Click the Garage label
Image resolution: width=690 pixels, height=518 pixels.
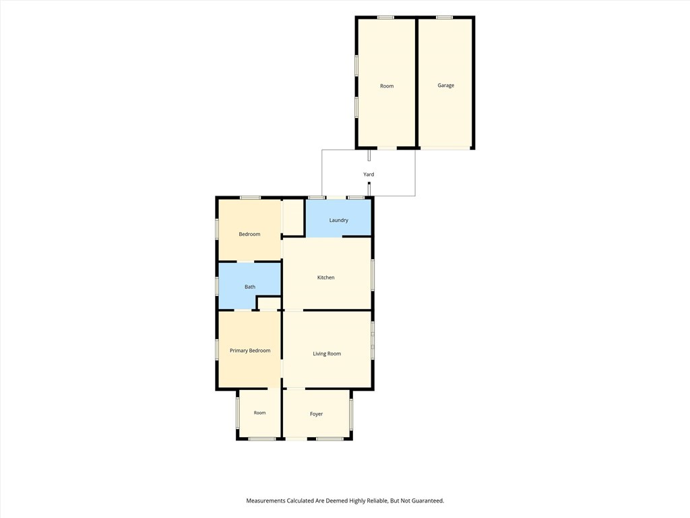pyautogui.click(x=446, y=86)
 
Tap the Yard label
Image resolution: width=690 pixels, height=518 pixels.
pyautogui.click(x=369, y=175)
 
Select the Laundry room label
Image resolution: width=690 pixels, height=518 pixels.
pyautogui.click(x=339, y=221)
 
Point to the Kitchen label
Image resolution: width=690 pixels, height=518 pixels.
pyautogui.click(x=326, y=277)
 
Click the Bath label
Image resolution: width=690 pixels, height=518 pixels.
pyautogui.click(x=250, y=287)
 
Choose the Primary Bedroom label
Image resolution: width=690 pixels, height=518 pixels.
pyautogui.click(x=250, y=351)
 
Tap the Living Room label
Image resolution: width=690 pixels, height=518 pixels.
pyautogui.click(x=327, y=353)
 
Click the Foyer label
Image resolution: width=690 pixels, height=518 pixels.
pyautogui.click(x=317, y=414)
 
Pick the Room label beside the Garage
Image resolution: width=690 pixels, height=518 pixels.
pyautogui.click(x=387, y=86)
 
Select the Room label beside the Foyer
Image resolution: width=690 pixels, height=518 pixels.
pyautogui.click(x=259, y=413)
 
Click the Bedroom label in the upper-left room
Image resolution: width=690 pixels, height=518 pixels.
pyautogui.click(x=249, y=234)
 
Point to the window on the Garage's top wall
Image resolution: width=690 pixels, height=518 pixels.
pyautogui.click(x=445, y=18)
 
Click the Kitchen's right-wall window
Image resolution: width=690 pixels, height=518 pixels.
pyautogui.click(x=373, y=275)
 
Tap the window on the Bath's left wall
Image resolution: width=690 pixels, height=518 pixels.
pyautogui.click(x=217, y=286)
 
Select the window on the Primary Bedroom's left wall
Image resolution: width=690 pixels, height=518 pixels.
pyautogui.click(x=217, y=349)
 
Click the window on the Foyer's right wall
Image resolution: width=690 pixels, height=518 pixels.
pyautogui.click(x=350, y=414)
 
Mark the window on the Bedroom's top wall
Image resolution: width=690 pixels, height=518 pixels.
pyautogui.click(x=250, y=198)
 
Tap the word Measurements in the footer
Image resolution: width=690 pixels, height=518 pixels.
pyautogui.click(x=265, y=501)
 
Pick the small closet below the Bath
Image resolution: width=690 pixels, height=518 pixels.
pyautogui.click(x=269, y=304)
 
